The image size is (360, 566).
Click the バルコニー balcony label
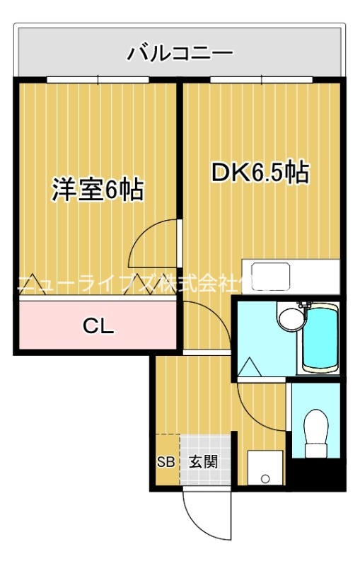pyautogui.click(x=180, y=52)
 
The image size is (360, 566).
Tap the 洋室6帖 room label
pyautogui.click(x=98, y=189)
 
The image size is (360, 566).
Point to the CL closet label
pyautogui.click(x=98, y=326)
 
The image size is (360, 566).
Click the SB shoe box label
pyautogui.click(x=165, y=462)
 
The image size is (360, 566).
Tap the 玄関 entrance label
pyautogui.click(x=204, y=462)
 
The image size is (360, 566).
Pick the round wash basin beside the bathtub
pyautogui.click(x=289, y=318)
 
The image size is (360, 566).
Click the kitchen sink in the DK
pyautogui.click(x=272, y=275)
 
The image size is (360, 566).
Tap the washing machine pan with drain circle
pyautogui.click(x=265, y=467)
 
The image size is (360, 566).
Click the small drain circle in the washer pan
pyautogui.click(x=265, y=479)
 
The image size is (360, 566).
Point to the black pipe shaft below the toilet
pyautogui.click(x=318, y=473)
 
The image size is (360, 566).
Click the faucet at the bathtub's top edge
pyautogui.click(x=306, y=305)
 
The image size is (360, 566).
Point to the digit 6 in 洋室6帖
pyautogui.click(x=111, y=190)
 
